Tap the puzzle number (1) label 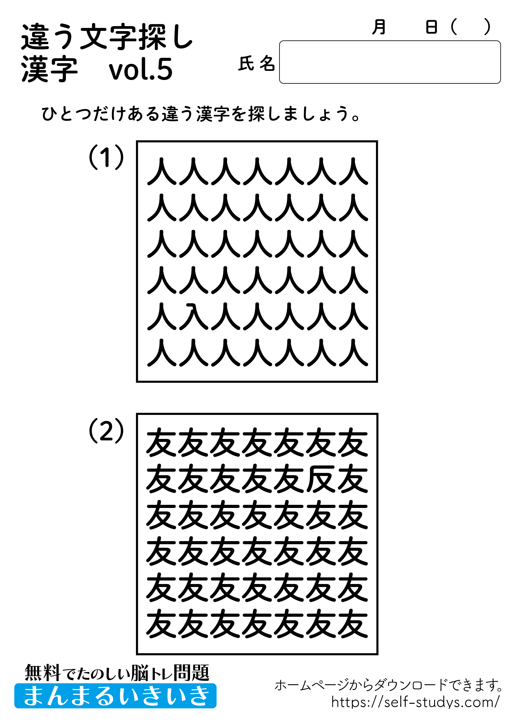click(106, 157)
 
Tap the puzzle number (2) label click(106, 431)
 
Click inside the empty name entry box click(389, 62)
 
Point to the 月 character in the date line click(379, 27)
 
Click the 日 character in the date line click(431, 27)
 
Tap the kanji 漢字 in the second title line click(49, 69)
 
